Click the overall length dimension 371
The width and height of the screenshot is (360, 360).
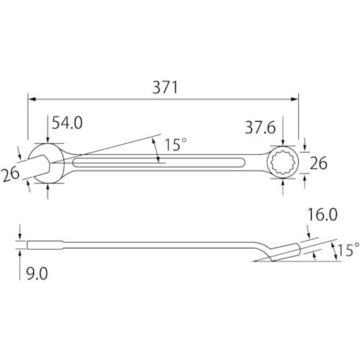pyautogui.click(x=166, y=87)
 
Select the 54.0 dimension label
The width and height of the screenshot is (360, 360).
pyautogui.click(x=67, y=122)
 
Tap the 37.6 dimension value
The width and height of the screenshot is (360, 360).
pyautogui.click(x=260, y=127)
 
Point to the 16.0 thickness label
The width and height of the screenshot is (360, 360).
pyautogui.click(x=323, y=215)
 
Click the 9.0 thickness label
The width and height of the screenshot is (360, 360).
pyautogui.click(x=37, y=274)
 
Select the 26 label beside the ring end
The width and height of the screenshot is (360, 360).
pyautogui.click(x=318, y=163)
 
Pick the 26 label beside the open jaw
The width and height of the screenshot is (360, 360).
pyautogui.click(x=10, y=174)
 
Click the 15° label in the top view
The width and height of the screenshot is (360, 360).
pyautogui.click(x=176, y=145)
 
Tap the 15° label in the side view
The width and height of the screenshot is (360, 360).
pyautogui.click(x=348, y=250)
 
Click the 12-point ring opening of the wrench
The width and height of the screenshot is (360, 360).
pyautogui.click(x=281, y=163)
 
